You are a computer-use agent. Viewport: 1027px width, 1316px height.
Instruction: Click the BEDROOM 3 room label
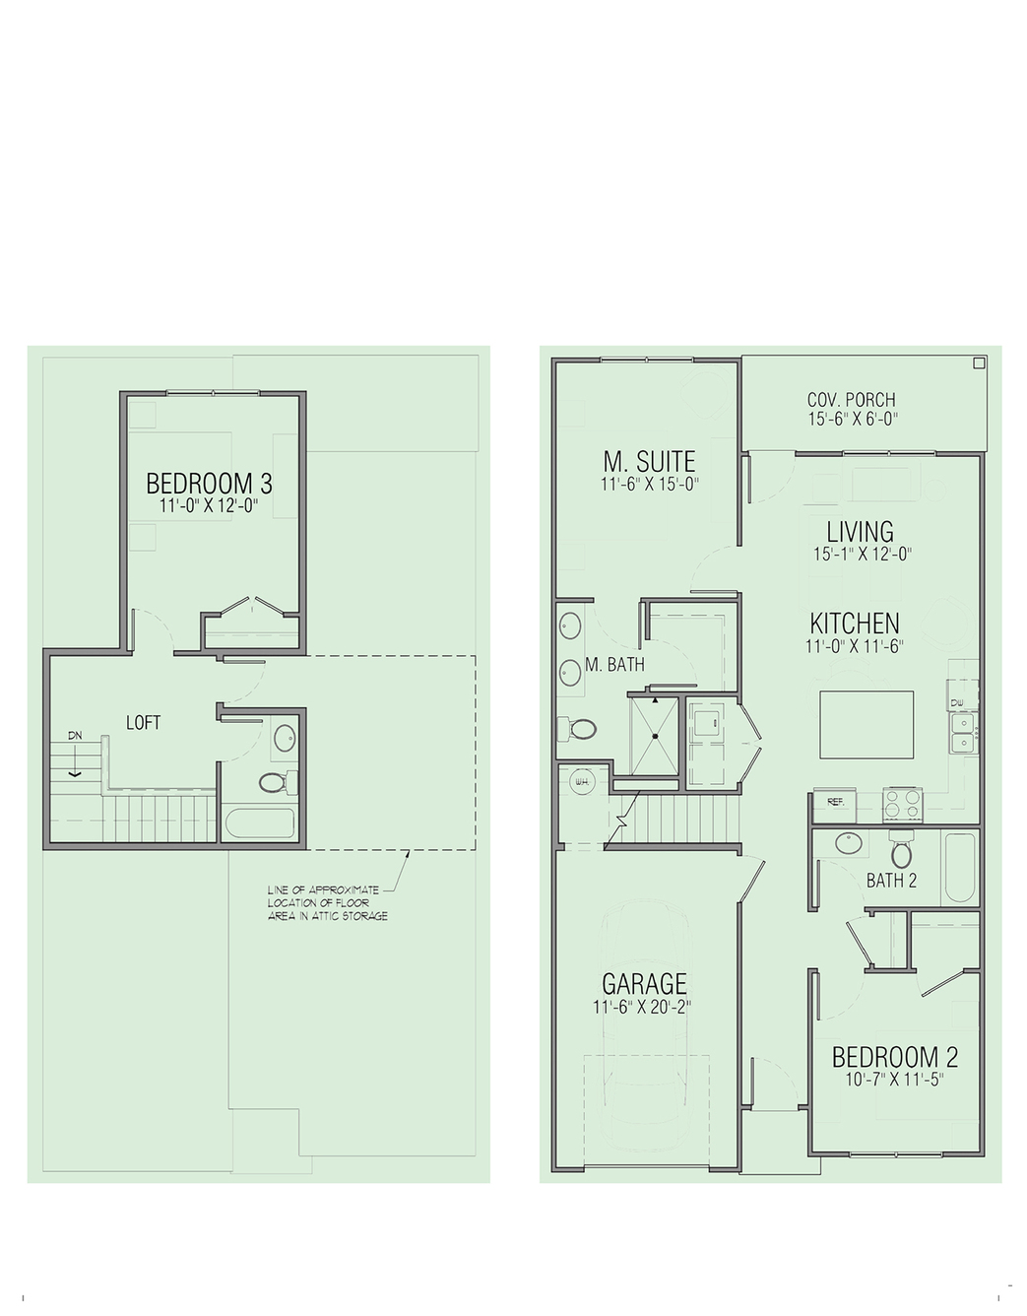point(209,484)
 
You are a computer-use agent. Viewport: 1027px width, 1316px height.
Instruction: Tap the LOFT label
point(144,722)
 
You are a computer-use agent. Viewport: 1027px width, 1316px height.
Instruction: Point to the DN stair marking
point(75,736)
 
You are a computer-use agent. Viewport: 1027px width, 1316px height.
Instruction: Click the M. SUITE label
point(649,461)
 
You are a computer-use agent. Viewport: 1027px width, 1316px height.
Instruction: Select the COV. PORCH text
point(852,400)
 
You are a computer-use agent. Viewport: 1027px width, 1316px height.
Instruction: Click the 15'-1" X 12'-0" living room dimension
point(863,555)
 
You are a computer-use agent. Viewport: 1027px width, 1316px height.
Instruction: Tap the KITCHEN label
point(855,624)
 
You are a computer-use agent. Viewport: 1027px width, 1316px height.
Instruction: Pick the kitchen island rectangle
point(867,724)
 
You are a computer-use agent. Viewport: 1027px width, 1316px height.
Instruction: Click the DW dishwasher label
point(957,703)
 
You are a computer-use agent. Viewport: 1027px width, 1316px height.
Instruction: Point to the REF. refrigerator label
point(835,802)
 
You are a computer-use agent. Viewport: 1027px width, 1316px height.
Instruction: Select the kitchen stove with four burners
point(902,805)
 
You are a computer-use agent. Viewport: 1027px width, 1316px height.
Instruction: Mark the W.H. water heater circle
point(582,782)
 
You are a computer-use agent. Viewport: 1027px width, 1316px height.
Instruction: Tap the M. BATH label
point(614,665)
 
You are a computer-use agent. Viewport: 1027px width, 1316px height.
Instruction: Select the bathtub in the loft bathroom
point(260,822)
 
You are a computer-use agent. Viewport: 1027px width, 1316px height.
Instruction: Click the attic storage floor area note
point(328,903)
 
